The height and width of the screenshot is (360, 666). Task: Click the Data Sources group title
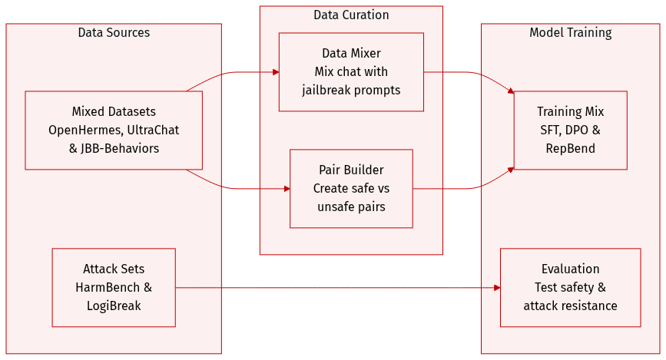pos(114,33)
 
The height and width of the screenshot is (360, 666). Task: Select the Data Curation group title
pos(351,15)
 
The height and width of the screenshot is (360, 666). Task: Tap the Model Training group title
pos(570,33)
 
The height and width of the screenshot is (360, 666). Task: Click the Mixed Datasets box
pos(114,130)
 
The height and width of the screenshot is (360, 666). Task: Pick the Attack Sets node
pos(114,287)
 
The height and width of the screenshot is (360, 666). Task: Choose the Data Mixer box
pos(351,71)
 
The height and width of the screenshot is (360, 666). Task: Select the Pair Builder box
pos(351,188)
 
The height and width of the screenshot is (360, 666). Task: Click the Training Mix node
pos(570,130)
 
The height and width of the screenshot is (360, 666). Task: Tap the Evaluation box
pos(570,287)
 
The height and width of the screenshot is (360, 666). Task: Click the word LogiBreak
pos(114,306)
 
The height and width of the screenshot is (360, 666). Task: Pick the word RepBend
pos(570,148)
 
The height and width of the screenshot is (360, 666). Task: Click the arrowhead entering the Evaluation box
pos(497,288)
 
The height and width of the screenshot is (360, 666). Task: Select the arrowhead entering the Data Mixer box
pos(275,72)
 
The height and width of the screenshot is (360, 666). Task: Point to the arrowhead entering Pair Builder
pos(286,188)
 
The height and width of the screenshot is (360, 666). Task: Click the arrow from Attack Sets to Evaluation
pos(338,288)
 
